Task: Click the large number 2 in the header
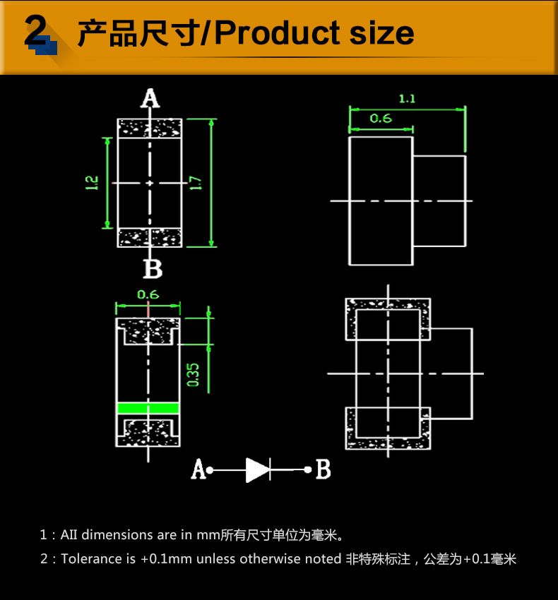point(35,31)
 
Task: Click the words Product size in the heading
point(314,33)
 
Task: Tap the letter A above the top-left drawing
point(150,98)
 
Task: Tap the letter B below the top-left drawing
point(153,269)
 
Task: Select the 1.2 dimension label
point(92,183)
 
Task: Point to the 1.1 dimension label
point(407,99)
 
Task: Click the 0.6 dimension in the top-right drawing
point(380,118)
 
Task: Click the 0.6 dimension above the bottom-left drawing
point(148,294)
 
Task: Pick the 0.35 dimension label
point(194,375)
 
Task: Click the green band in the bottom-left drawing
point(148,408)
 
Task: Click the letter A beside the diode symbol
point(198,469)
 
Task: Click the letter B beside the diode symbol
point(323,469)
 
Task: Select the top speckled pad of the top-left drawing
point(150,128)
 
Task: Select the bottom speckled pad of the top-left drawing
point(150,237)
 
